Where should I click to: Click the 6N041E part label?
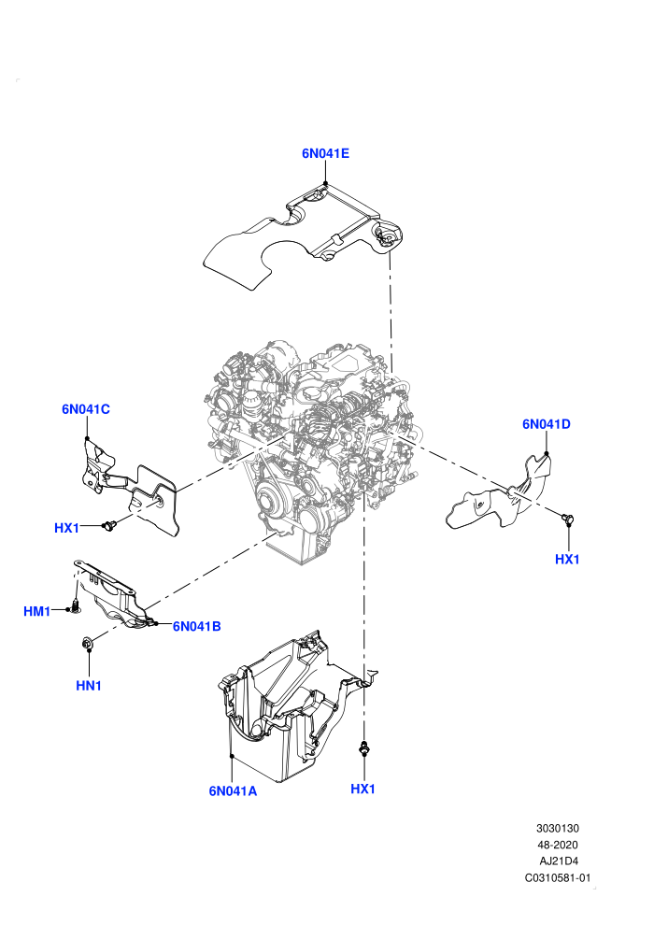click(x=325, y=153)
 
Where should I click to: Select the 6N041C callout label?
click(x=86, y=409)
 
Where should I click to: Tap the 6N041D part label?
click(x=546, y=423)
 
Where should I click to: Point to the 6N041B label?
click(x=196, y=626)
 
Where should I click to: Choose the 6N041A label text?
click(x=233, y=791)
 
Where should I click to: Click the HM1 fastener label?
click(x=37, y=611)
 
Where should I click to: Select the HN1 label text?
click(x=89, y=686)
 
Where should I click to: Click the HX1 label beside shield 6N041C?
click(x=66, y=528)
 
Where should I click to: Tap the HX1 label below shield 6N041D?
click(x=567, y=560)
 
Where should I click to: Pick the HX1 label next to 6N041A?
click(x=363, y=789)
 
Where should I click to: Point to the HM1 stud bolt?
click(x=75, y=605)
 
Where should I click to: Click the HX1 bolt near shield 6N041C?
click(x=109, y=524)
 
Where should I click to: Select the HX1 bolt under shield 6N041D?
click(x=568, y=519)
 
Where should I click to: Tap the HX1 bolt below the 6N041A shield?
click(x=363, y=747)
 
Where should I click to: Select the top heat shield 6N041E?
click(x=301, y=236)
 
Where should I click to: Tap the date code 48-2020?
click(x=558, y=845)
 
